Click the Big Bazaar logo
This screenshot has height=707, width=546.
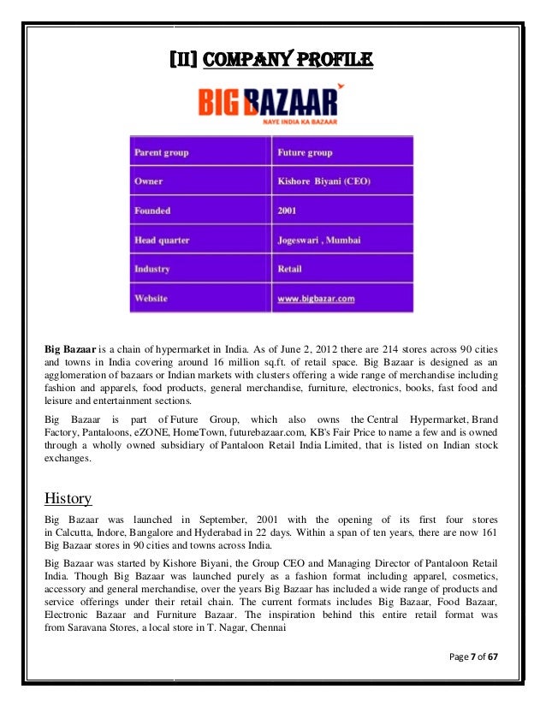pos(268,107)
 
